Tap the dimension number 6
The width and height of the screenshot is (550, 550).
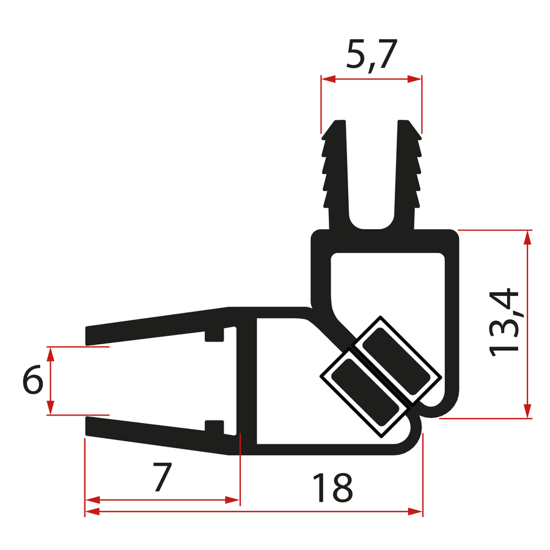point(32,381)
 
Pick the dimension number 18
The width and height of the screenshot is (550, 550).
point(332,487)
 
